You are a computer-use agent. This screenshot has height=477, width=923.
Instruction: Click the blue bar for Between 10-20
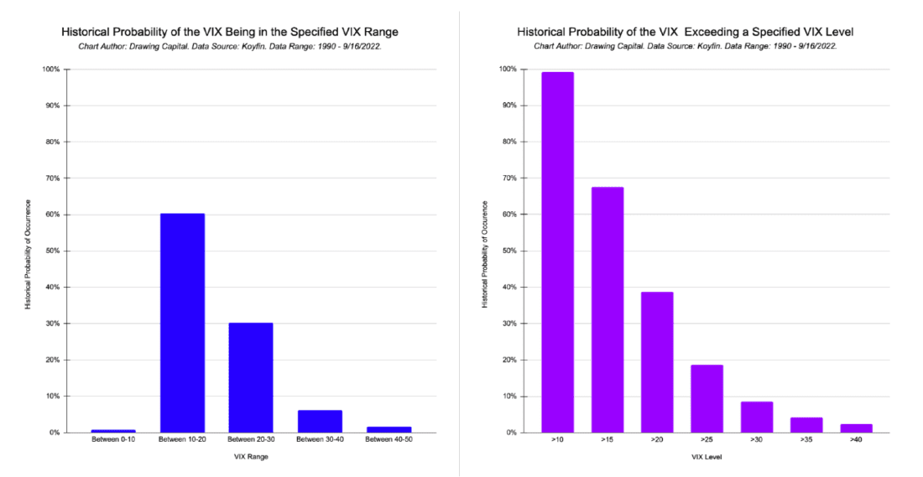182,323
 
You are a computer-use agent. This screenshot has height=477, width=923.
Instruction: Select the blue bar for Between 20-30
251,377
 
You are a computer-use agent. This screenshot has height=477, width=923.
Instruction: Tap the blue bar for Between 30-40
320,421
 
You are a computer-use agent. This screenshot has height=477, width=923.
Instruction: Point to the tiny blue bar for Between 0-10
113,431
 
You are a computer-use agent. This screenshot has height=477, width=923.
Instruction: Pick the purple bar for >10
557,252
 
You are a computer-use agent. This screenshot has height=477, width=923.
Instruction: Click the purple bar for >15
607,309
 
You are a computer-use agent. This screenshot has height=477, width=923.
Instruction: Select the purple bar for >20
657,362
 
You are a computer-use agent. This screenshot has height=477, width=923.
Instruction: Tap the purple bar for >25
707,398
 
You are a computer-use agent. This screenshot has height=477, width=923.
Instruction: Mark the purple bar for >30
756,417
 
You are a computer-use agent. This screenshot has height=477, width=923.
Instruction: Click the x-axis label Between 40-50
388,440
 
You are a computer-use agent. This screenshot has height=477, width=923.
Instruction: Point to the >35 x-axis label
806,440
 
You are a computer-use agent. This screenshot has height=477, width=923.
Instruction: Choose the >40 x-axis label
856,440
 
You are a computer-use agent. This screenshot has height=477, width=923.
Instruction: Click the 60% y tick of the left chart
52,215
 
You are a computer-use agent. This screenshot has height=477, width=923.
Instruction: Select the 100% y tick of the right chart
508,69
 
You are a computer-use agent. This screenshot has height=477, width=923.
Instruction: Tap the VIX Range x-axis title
251,457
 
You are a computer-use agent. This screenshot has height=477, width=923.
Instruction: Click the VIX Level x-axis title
707,457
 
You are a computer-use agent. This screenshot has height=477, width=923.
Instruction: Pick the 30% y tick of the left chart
52,324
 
